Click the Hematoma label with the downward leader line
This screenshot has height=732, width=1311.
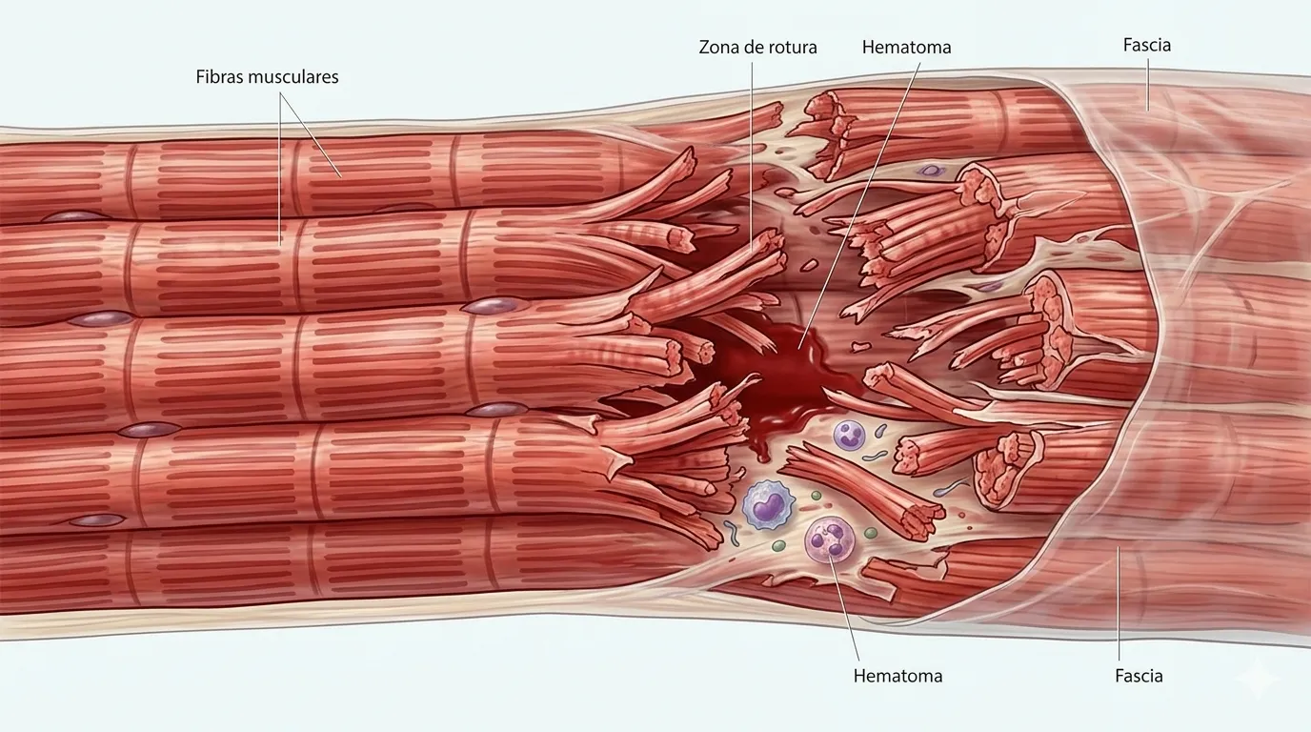click(905, 47)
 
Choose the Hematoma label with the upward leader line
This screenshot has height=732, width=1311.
click(898, 676)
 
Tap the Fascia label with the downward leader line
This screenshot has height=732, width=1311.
click(1146, 45)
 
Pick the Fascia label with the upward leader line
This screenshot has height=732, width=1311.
click(1139, 676)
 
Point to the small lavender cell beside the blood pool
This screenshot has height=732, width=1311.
click(850, 436)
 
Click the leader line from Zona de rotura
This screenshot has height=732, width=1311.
click(751, 152)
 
